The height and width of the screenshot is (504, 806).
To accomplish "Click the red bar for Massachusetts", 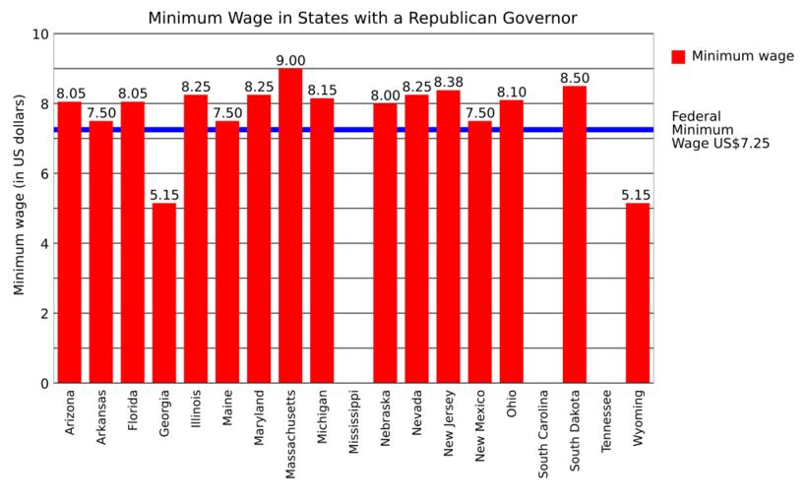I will tap(290, 225).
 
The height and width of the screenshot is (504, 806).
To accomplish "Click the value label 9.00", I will tap(290, 61).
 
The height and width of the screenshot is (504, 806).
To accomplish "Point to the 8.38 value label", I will tap(448, 83).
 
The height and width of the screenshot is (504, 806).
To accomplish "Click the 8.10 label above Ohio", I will tap(512, 93).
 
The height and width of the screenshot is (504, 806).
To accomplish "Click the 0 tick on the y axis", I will tap(44, 384).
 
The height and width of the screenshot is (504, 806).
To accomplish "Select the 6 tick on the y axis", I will tap(44, 174).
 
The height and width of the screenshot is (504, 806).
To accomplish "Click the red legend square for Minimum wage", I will tap(678, 57).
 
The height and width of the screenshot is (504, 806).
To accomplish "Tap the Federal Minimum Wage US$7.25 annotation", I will tap(719, 129).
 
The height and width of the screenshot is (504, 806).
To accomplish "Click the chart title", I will tap(362, 18).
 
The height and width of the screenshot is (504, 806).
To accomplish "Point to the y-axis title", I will tap(19, 209).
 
